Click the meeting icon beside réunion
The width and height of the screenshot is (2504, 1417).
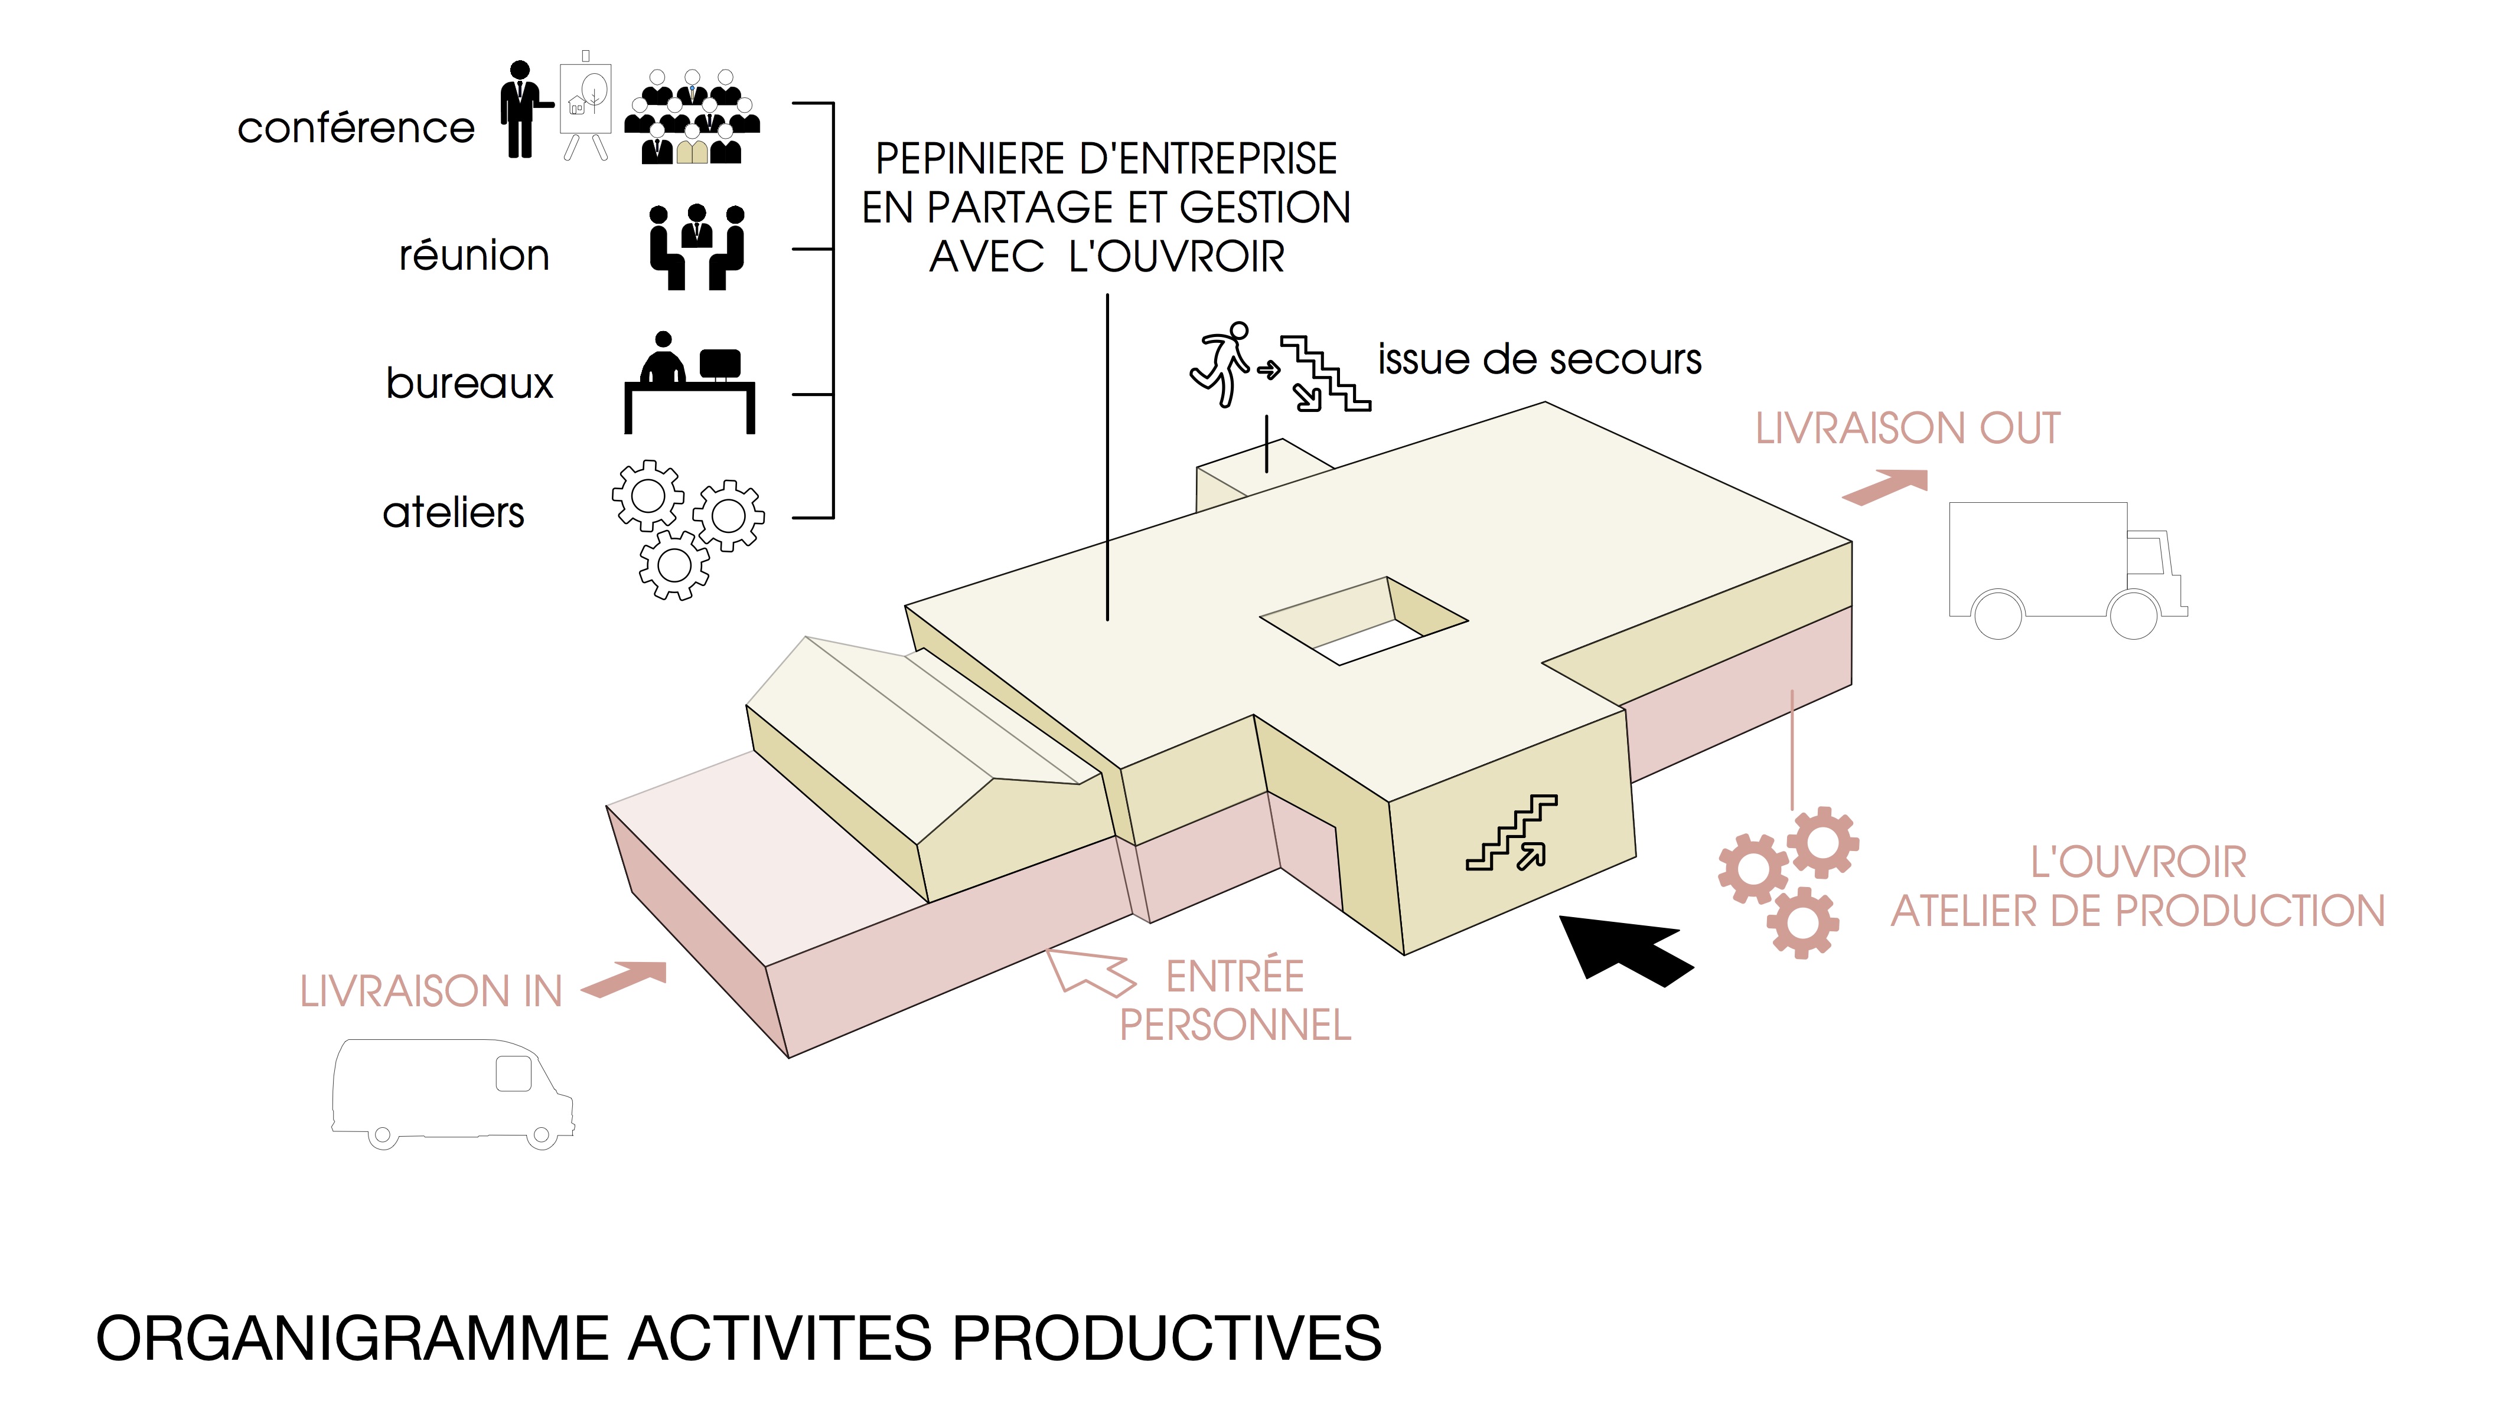(x=696, y=247)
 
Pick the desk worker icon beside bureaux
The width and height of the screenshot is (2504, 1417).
(x=689, y=382)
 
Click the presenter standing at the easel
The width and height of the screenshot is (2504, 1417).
(x=522, y=110)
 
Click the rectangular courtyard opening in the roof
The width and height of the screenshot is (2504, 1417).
(x=1363, y=623)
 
